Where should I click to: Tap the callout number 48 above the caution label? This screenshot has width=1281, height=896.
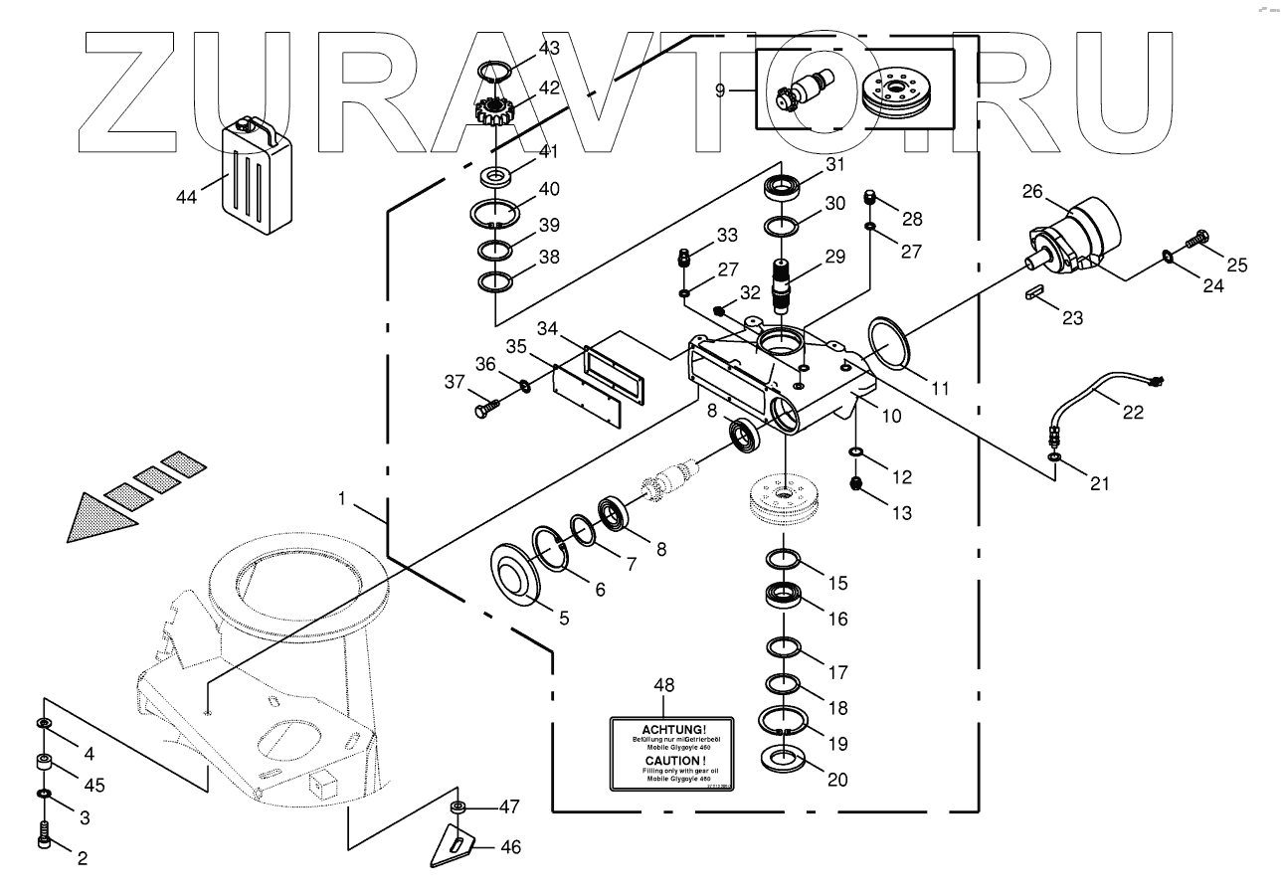click(663, 685)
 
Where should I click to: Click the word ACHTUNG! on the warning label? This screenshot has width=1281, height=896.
click(671, 729)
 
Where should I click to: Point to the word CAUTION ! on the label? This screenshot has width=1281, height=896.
click(671, 760)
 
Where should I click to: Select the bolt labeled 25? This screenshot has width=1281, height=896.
click(1194, 242)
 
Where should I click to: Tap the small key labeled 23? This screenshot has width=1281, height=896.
click(1033, 294)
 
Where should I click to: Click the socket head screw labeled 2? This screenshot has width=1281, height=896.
click(46, 833)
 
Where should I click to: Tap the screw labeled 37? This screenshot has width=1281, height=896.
click(487, 406)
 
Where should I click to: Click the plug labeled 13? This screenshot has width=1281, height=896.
click(854, 483)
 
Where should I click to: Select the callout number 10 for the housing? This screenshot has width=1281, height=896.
click(892, 415)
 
